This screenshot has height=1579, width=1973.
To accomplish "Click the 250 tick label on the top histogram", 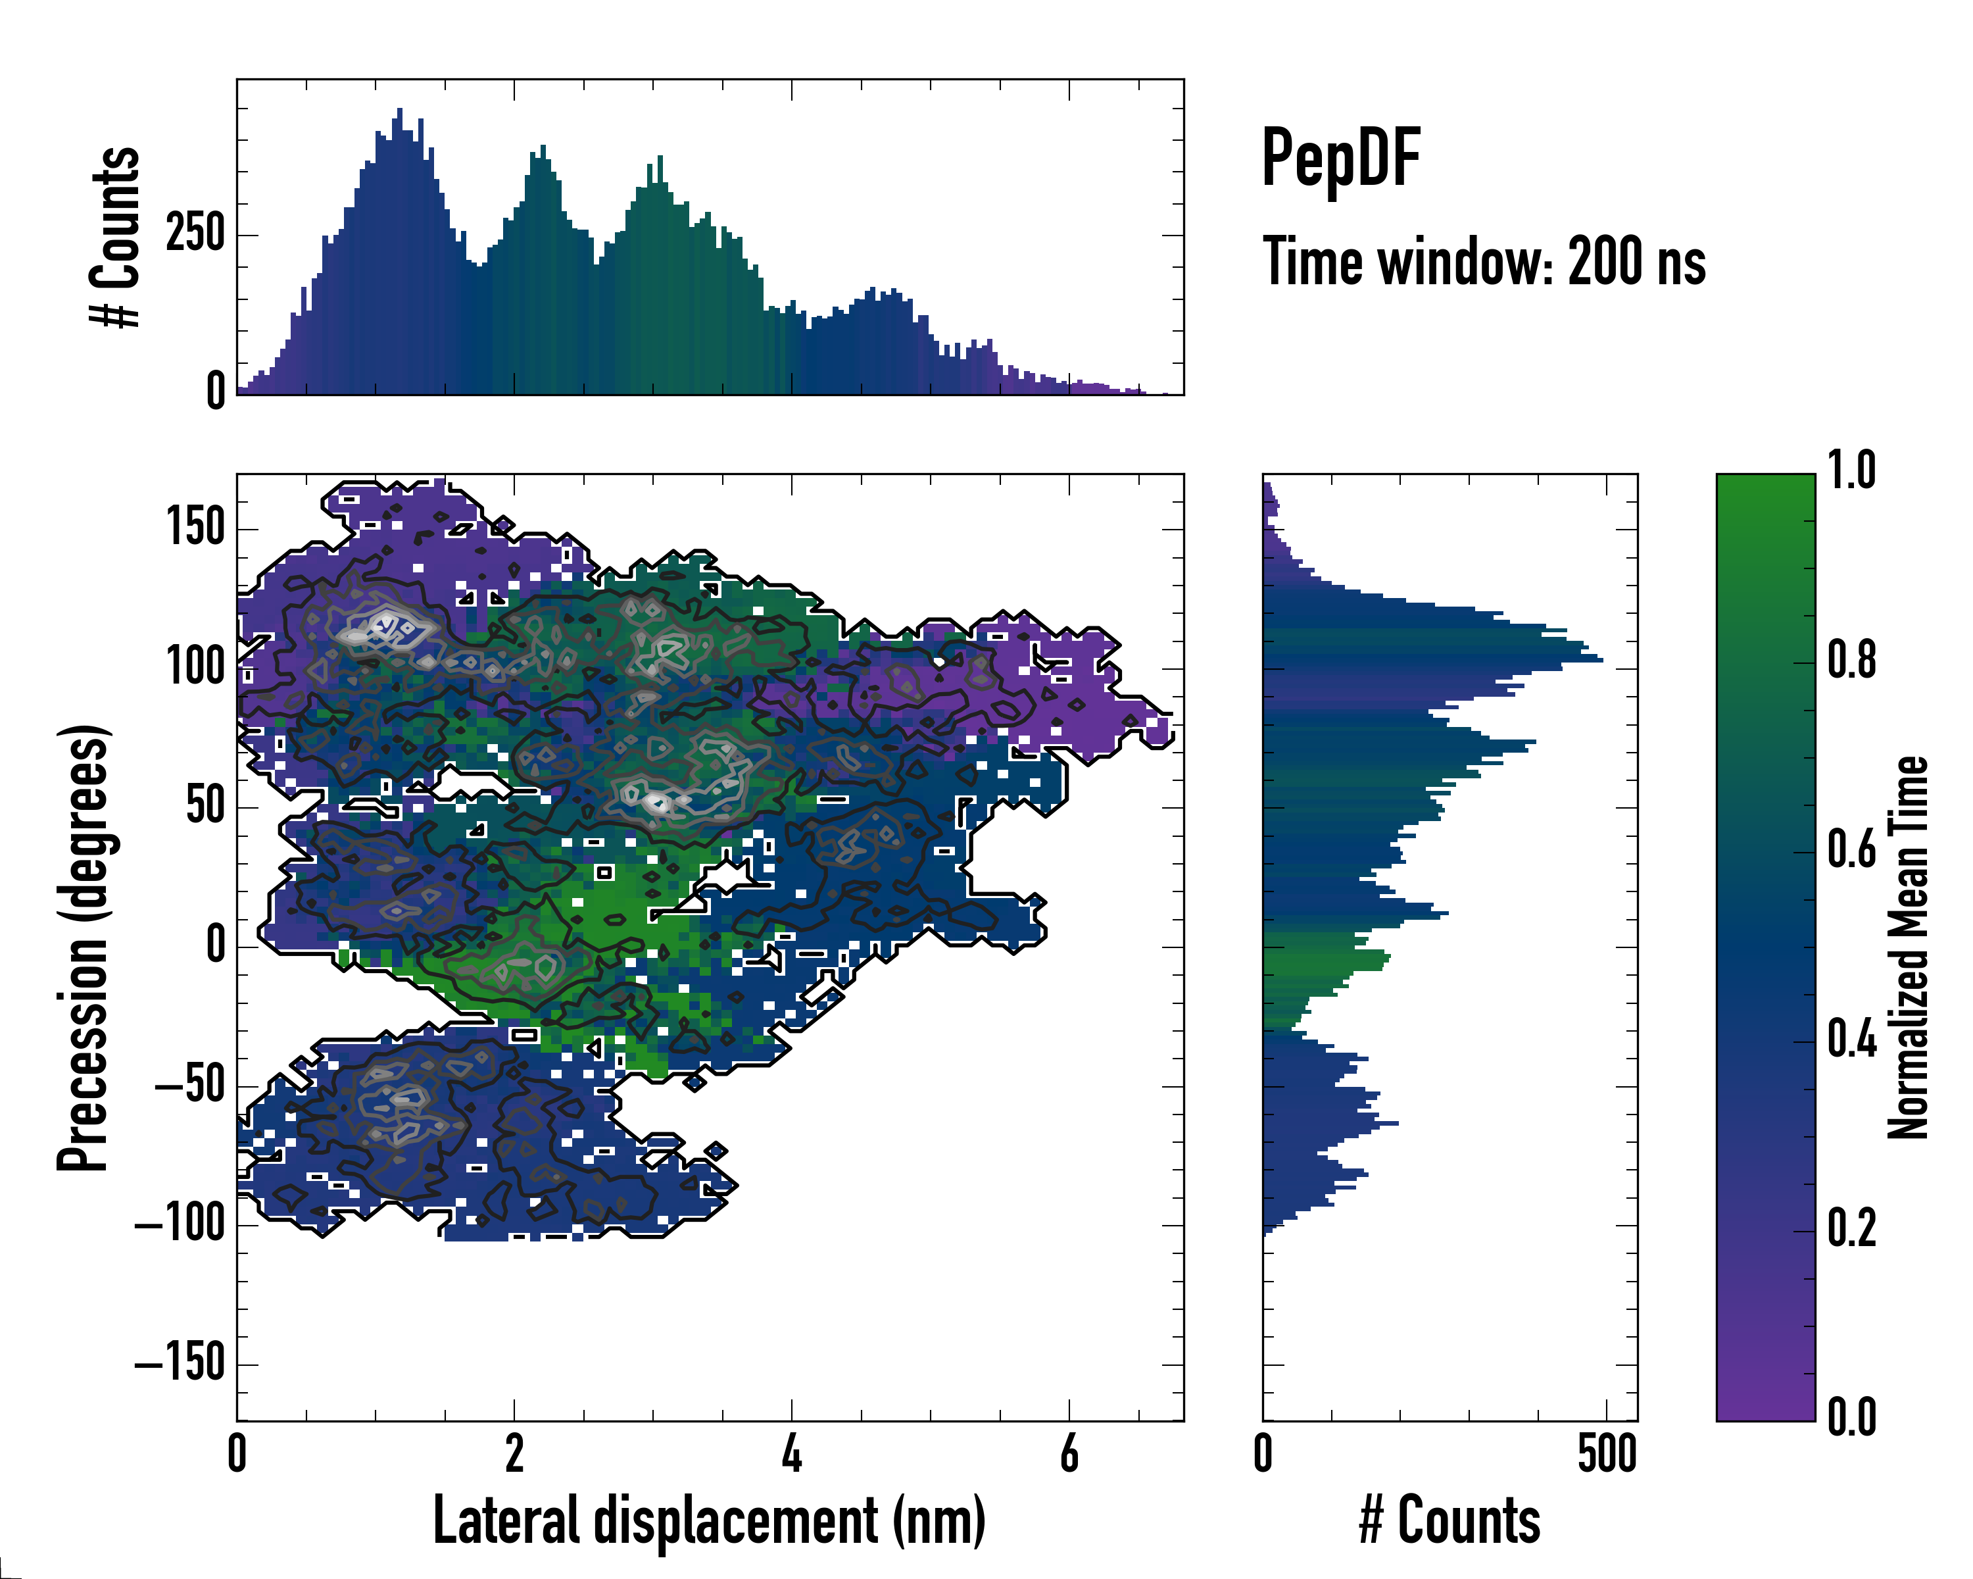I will pos(195,234).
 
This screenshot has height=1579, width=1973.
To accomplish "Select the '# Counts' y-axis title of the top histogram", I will pos(116,236).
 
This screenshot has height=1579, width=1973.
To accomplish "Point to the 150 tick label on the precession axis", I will pos(195,528).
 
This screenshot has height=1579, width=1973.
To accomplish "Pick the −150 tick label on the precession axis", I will pos(180,1364).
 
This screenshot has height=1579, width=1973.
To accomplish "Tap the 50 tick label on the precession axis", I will pos(205,807).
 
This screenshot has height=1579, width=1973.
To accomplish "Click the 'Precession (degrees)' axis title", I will pos(84,947).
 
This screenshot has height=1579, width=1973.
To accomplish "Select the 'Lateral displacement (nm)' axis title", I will pos(709,1521).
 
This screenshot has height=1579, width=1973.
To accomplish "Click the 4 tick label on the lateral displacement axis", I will pos(792,1455).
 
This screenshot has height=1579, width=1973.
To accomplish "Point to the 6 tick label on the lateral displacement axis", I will pos(1069,1455).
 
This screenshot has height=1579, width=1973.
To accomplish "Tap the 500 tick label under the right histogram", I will pos(1607,1455).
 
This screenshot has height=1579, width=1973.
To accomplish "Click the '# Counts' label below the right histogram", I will pos(1449,1521).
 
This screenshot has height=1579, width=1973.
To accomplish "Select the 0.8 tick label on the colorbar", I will pos(1851,661).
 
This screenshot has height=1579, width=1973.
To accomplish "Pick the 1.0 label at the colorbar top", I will pos(1851,472).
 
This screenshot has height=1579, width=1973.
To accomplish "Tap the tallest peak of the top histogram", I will pos(399,111).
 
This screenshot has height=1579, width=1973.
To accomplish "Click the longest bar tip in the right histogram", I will pos(1601,659).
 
